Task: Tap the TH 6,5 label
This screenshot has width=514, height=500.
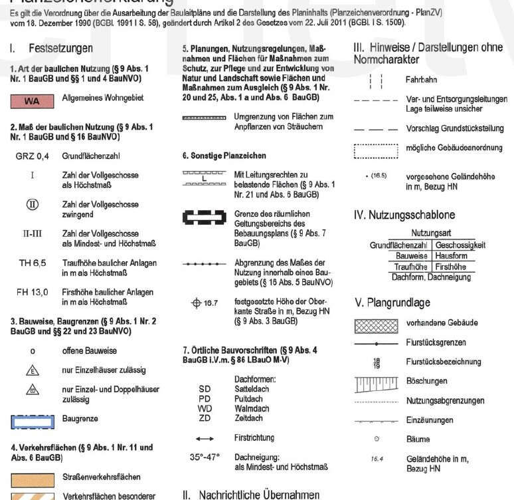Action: coord(32,263)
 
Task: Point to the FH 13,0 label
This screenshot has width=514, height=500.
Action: coord(32,292)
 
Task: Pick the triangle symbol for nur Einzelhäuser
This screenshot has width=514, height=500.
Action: coord(32,370)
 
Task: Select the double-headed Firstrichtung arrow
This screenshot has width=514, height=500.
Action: coord(205,439)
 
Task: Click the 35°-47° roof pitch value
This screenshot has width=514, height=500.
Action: coord(205,457)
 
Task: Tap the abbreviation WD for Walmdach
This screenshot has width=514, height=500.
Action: coord(205,408)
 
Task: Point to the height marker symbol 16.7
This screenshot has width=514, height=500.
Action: coord(204,303)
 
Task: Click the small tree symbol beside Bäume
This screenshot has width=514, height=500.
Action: coord(377,439)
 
